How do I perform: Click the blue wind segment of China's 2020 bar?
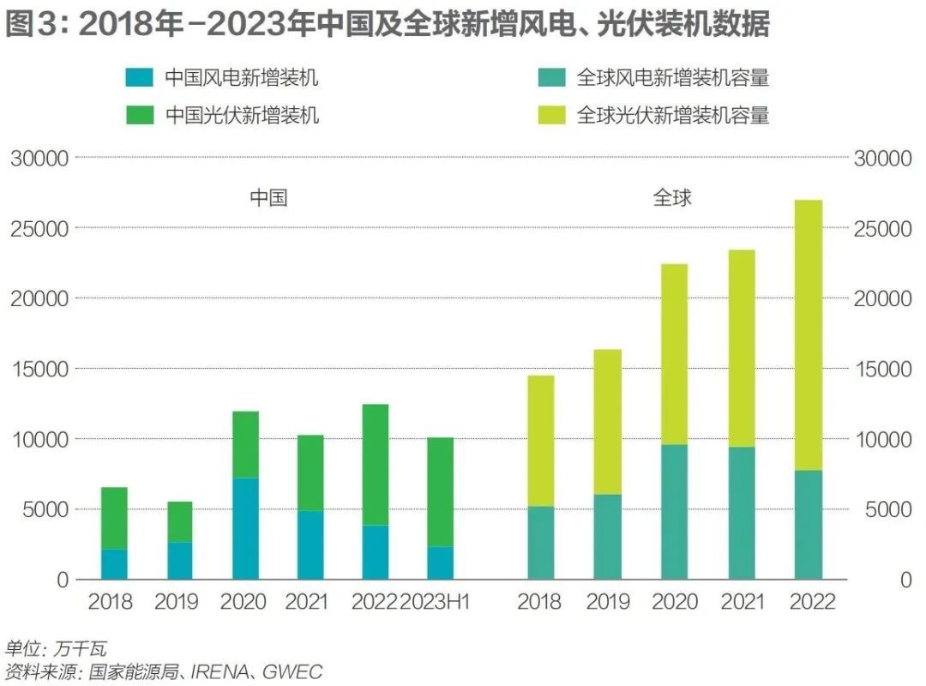tap(245, 528)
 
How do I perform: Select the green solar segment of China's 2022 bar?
tap(375, 465)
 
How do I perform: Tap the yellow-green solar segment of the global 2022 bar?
tap(808, 335)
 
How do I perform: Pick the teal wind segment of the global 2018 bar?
tap(540, 543)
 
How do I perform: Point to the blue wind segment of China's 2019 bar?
tap(179, 561)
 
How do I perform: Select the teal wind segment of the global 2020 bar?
tap(674, 512)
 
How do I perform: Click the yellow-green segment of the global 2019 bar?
tap(607, 422)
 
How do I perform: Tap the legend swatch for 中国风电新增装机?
tap(140, 78)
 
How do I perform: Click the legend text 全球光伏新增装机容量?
tap(672, 115)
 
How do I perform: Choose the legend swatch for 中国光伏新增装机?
tap(140, 115)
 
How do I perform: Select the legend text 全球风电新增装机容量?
tap(672, 78)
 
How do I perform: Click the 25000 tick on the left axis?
tap(39, 229)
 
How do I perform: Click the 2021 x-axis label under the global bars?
tap(742, 602)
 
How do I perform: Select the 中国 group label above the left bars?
tap(268, 198)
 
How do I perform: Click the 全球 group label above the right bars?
tap(672, 198)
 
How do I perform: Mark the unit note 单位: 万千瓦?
tap(56, 648)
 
